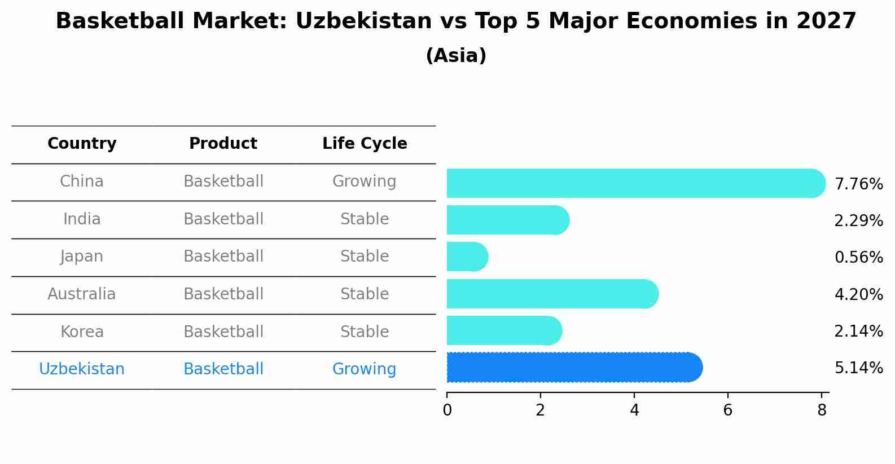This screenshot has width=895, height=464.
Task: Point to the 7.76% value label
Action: [x=858, y=184]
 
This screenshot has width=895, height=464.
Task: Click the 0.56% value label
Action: [x=858, y=258]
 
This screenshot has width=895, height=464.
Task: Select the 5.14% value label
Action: [x=858, y=368]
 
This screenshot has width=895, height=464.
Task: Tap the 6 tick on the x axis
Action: [x=727, y=410]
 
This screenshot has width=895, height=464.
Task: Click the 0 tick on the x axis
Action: [x=447, y=410]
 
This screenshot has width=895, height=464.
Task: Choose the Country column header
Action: [x=82, y=144]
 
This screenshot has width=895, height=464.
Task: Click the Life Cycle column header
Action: [x=365, y=144]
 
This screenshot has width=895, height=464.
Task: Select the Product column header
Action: [x=223, y=144]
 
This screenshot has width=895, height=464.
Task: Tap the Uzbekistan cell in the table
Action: [x=82, y=369]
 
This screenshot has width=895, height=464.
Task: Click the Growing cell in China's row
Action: [x=364, y=182]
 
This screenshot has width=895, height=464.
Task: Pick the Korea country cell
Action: [x=82, y=332]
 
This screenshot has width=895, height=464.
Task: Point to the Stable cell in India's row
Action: [x=364, y=219]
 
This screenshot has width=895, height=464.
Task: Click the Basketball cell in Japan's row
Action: [x=223, y=257]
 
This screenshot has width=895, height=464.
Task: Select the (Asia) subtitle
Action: [x=456, y=56]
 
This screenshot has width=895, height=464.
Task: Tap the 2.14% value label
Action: [x=858, y=332]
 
